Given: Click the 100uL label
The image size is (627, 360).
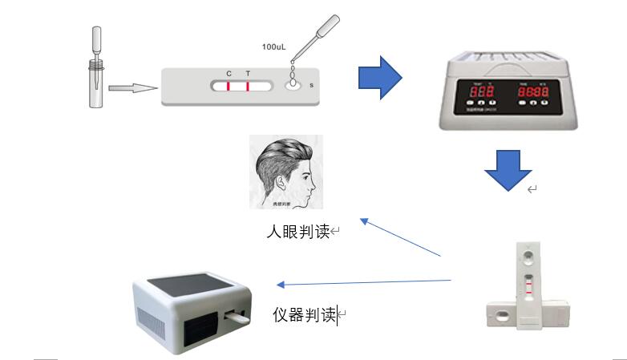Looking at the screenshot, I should [x=273, y=47].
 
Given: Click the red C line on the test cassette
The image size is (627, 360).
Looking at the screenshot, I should [x=229, y=86].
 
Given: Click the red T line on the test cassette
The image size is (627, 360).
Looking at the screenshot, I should [x=248, y=86].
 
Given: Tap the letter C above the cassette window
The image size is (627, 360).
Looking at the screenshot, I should [x=229, y=74].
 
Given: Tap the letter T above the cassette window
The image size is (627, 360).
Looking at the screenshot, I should [x=248, y=74].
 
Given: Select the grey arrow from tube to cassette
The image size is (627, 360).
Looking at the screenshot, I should [x=131, y=88].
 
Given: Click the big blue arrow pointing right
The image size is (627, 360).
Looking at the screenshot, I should [x=379, y=78].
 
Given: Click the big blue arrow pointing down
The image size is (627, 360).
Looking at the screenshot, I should [x=508, y=168].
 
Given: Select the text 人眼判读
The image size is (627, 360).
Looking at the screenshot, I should [x=298, y=233].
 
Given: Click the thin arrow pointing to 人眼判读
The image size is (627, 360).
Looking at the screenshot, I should [x=401, y=237].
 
